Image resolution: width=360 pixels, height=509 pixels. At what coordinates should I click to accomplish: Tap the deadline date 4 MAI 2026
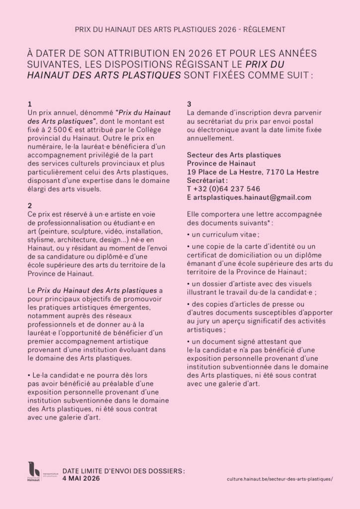[81, 478]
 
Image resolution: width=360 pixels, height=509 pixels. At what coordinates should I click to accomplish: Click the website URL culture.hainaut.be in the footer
[279, 479]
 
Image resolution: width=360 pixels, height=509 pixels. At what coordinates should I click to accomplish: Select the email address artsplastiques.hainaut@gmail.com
[253, 197]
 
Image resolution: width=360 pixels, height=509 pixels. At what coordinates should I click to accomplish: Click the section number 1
[30, 104]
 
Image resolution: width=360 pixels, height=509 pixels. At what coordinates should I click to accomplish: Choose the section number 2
[30, 205]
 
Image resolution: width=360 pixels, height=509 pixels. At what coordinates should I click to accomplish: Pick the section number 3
[189, 104]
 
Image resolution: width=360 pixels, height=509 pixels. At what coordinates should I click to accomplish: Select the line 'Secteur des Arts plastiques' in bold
[234, 155]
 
